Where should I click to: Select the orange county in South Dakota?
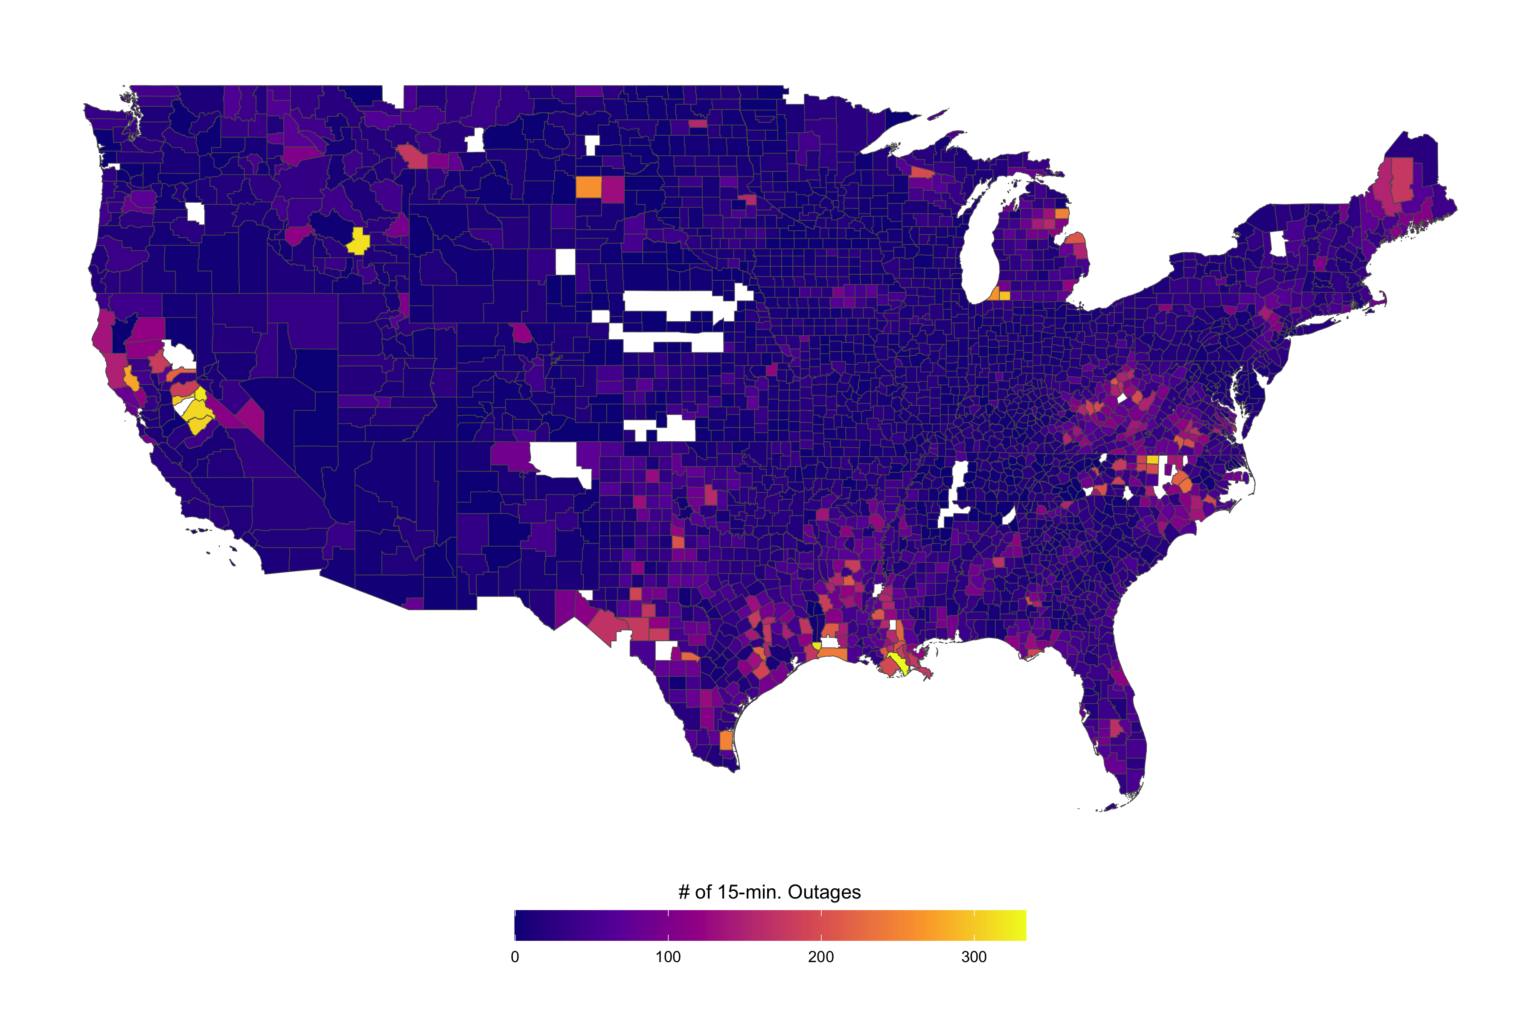coord(588,187)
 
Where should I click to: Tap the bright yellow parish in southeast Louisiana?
coord(898,663)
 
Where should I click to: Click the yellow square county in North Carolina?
coord(1153,459)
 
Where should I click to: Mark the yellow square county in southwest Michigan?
coord(1004,295)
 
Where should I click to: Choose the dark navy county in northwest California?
coord(122,334)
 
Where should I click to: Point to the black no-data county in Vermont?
coord(1277,244)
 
